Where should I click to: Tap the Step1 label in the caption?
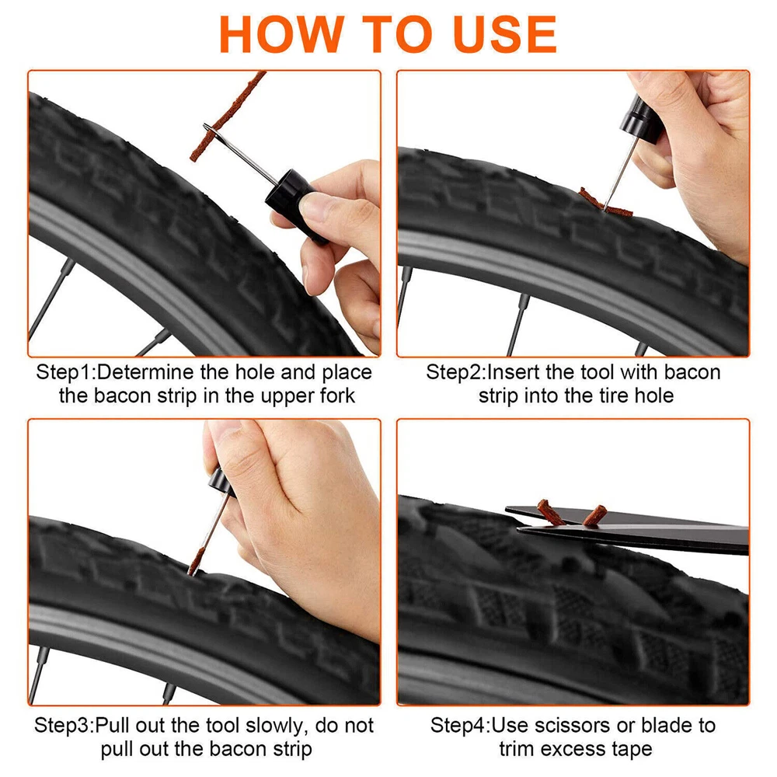pos(64,372)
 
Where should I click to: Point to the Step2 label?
pos(454,372)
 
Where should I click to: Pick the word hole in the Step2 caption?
pos(654,395)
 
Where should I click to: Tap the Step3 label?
pos(62,726)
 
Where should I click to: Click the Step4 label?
pos(458,726)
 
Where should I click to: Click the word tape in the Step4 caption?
pos(632,749)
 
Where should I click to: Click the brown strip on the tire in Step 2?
pos(605,203)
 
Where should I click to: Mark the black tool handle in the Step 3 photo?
pos(221,483)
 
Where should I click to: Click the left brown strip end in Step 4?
pos(550,512)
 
